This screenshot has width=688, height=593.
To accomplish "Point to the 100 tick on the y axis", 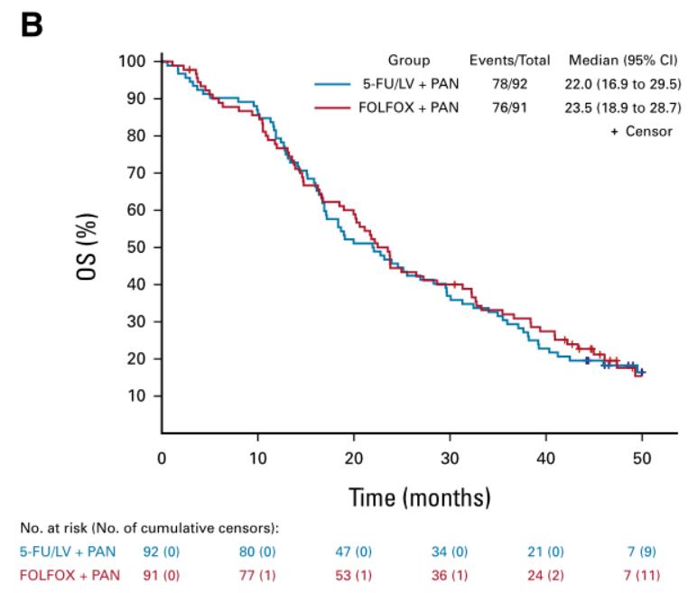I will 133,61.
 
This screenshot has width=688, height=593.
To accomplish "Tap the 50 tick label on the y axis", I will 136,247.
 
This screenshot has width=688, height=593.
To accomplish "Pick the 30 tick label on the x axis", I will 450,458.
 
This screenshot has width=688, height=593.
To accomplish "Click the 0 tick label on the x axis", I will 162,458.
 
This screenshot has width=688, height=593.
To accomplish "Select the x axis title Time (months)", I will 420,497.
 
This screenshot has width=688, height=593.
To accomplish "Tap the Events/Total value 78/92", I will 509,85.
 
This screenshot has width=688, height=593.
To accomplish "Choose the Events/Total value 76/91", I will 509,108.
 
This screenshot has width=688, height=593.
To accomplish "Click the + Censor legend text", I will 642,131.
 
